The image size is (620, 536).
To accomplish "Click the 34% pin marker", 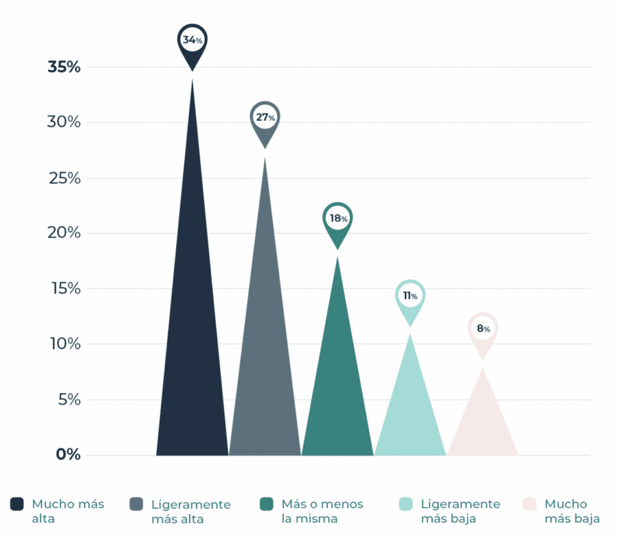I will (x=193, y=41).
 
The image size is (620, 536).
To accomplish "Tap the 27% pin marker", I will (x=265, y=118).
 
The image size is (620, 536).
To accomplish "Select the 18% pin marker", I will (x=337, y=218).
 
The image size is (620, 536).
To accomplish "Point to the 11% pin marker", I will (x=410, y=296).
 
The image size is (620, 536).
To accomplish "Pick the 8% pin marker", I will (x=483, y=329).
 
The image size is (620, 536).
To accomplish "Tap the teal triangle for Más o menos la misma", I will (x=337, y=393).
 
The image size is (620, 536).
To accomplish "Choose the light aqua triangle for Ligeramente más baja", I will (x=410, y=417).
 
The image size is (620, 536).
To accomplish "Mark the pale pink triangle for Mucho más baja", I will (x=483, y=430).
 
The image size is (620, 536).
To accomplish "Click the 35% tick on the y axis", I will (x=64, y=67).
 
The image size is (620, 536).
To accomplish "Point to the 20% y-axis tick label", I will (x=64, y=233).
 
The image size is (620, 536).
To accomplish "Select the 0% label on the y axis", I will (x=68, y=455).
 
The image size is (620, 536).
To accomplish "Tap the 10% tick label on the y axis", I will (x=64, y=344).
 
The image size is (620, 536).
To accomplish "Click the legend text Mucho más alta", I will (x=68, y=511).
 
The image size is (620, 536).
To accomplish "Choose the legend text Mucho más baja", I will (x=572, y=511).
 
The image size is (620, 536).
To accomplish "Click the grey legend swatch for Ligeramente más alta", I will (x=136, y=505).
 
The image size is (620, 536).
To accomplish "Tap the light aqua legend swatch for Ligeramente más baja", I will (x=406, y=505).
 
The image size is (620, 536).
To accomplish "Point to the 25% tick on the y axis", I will (x=64, y=178).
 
